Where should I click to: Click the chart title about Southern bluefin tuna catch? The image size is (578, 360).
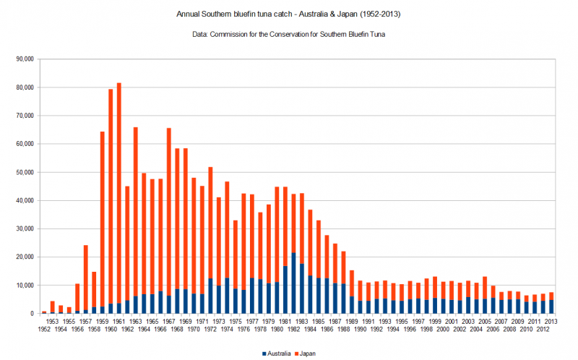click(x=289, y=14)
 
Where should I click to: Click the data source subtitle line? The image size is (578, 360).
click(x=289, y=34)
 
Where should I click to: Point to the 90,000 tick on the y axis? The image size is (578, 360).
click(x=25, y=59)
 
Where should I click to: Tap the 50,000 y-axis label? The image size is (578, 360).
click(x=25, y=172)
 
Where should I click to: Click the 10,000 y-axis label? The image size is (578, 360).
click(x=25, y=286)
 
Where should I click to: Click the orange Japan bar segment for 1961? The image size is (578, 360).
click(x=118, y=181)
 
